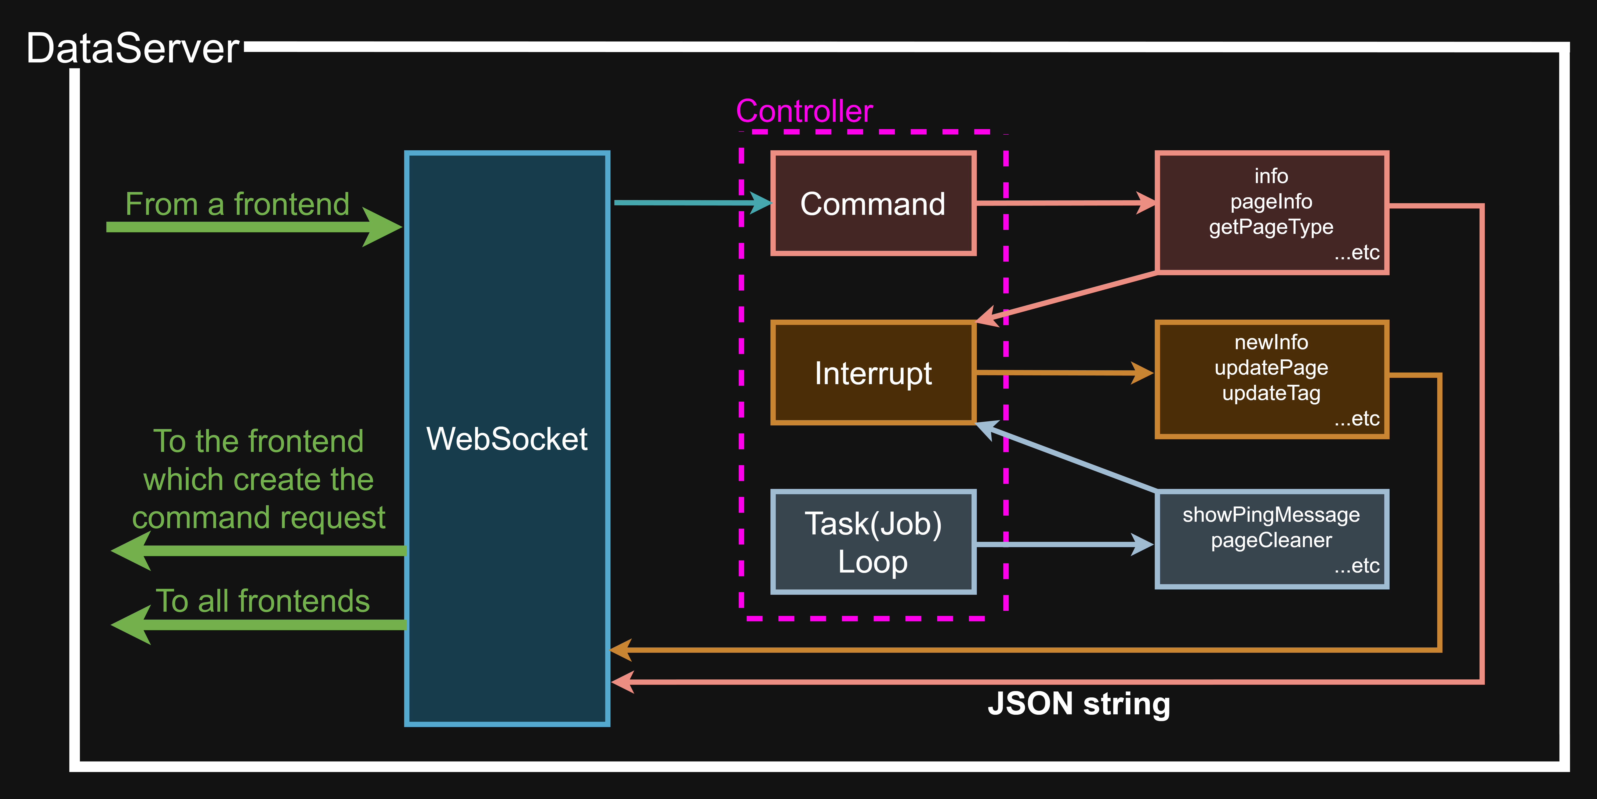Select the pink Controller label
coord(804,112)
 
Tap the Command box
coord(873,203)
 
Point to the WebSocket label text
coord(507,439)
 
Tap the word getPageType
coord(1271,227)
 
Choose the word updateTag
coord(1271,393)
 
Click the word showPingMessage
coord(1271,515)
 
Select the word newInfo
coord(1271,342)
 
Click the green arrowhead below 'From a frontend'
coord(381,227)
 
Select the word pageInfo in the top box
coord(1271,201)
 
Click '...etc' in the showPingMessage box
coord(1357,565)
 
